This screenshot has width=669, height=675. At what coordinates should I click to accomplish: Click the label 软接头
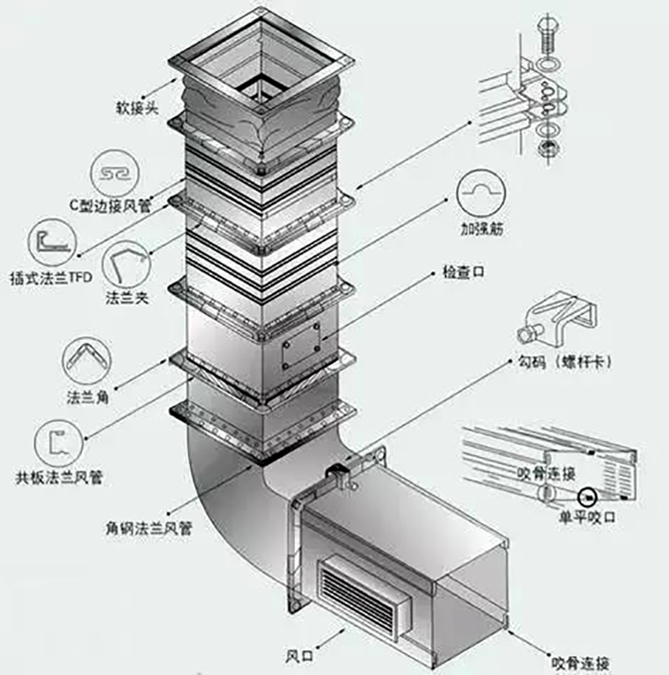(x=135, y=108)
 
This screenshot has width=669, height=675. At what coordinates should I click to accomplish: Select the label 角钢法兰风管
(x=148, y=528)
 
